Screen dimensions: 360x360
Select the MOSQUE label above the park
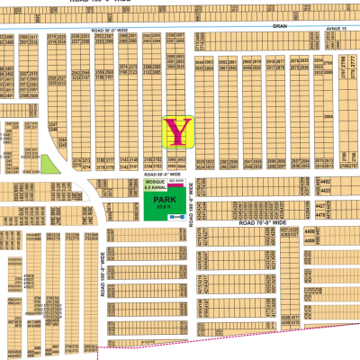(x=157, y=182)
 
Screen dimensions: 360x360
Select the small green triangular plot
(x=47, y=163)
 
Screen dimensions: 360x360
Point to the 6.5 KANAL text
(x=157, y=187)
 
